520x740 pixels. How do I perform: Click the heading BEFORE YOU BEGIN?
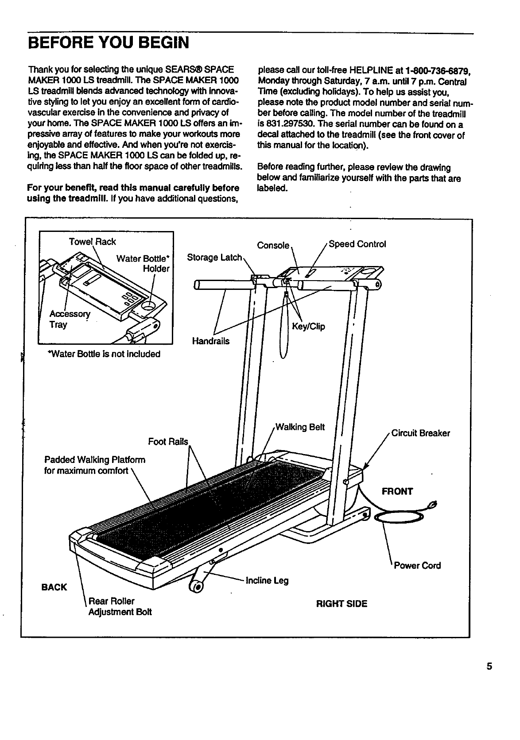(109, 43)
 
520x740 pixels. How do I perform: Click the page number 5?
(489, 667)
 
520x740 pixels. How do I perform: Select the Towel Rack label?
(92, 242)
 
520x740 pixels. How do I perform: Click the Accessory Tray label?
(69, 319)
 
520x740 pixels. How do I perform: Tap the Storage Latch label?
(214, 258)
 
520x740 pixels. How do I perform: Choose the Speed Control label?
(357, 244)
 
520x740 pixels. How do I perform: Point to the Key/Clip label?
(308, 327)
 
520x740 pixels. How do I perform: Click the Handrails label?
(210, 341)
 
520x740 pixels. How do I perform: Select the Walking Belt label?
(300, 427)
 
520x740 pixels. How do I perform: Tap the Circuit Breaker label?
(420, 433)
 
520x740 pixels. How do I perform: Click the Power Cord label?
(417, 565)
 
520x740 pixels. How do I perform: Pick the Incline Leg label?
(267, 580)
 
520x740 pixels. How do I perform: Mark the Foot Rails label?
(168, 442)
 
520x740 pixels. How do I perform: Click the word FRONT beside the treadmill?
(397, 491)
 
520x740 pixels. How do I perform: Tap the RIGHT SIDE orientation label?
(341, 604)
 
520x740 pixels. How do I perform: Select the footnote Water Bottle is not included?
(104, 354)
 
